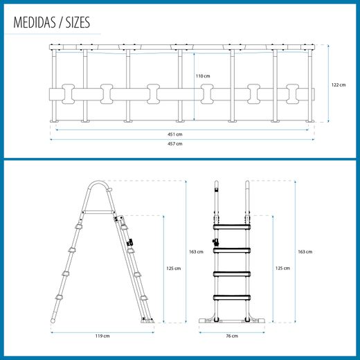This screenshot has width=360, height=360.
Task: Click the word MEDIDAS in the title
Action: pos(35,22)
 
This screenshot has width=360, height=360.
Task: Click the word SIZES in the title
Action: pos(78,22)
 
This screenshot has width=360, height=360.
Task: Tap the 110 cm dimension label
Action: pos(203,76)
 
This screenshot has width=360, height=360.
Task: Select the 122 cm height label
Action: pos(339,84)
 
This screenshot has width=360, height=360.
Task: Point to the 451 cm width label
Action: pos(175,134)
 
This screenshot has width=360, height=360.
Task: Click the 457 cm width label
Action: pos(175,143)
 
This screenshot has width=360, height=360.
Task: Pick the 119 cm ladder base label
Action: pos(102,336)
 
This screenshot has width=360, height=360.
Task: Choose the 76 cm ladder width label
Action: pos(232,336)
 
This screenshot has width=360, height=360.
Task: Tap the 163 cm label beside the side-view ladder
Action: pos(196,251)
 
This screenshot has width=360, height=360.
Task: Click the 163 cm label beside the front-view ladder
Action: pos(305,251)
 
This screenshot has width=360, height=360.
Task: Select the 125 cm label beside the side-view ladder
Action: pos(174,268)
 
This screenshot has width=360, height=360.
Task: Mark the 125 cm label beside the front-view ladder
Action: pos(282,268)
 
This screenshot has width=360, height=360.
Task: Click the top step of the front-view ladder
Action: pos(232,227)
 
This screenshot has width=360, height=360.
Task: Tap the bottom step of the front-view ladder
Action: pos(232,298)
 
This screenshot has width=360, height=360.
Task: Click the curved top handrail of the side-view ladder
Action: pos(98,181)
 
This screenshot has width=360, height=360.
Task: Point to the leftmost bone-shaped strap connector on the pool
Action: pos(68,94)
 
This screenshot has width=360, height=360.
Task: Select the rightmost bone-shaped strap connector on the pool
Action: pos(292,94)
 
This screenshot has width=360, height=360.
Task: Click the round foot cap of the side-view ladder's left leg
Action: pos(53,321)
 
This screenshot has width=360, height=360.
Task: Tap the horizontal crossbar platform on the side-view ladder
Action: pos(98,213)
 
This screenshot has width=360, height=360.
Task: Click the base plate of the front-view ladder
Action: pos(232,321)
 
